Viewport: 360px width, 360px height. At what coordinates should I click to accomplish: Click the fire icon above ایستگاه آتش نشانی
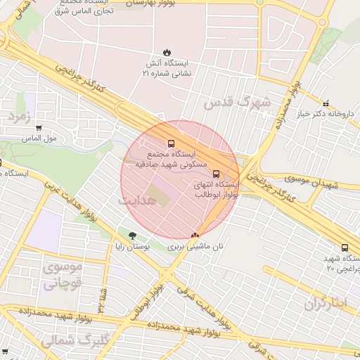click(167, 52)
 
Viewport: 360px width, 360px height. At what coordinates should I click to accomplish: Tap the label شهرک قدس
click(237, 102)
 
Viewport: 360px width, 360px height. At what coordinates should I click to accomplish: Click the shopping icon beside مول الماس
click(39, 129)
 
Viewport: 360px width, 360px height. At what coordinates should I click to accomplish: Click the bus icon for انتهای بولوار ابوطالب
click(215, 173)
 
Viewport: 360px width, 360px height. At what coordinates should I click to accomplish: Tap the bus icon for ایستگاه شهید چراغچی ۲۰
click(345, 247)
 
